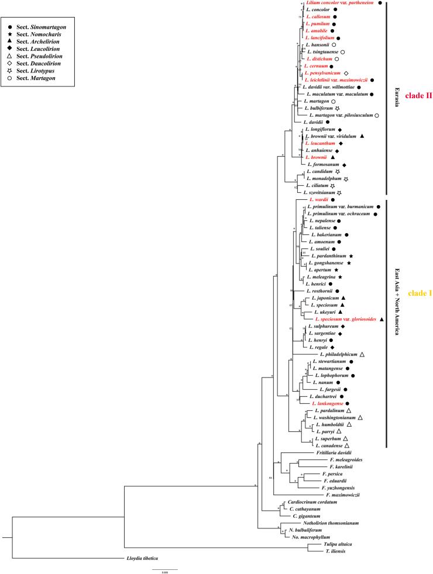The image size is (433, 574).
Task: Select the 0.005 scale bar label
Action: [x=166, y=572]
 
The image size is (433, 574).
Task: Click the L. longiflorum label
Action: [x=321, y=129]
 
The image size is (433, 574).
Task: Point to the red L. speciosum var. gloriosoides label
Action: [x=345, y=319]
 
